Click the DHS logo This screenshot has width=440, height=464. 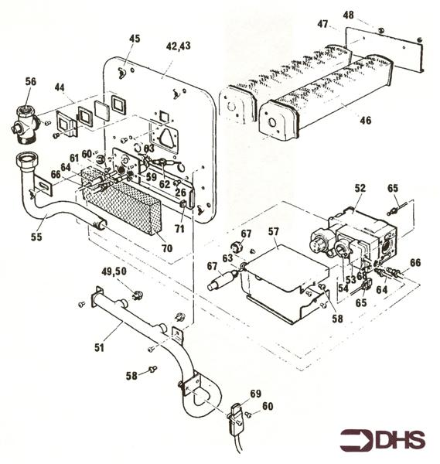coord(383,439)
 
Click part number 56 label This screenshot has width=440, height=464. coord(31,81)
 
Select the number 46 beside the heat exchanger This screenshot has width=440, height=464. coord(365,120)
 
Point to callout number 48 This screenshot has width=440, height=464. coord(348,15)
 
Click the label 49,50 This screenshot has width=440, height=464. coord(114,271)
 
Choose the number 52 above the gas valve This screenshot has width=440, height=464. coord(360,188)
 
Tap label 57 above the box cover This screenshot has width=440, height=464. coord(274,231)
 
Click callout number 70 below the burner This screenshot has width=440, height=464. coord(167,248)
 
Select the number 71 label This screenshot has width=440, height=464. coord(179,228)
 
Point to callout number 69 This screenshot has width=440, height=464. coord(256,394)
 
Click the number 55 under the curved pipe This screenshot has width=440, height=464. coord(36,237)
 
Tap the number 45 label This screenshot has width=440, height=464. coord(135,39)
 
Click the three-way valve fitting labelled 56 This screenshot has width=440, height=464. coord(25,125)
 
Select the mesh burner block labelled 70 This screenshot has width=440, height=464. coord(121,201)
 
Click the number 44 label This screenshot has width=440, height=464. coord(60,88)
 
